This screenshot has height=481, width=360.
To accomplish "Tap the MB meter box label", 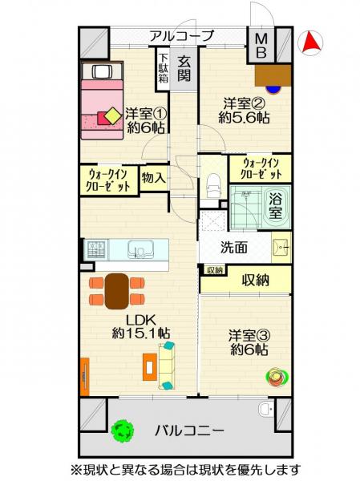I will pos(262,45).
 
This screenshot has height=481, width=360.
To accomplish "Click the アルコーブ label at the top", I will pos(181,36).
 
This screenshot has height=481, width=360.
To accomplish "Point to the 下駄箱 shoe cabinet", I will pos(163,68).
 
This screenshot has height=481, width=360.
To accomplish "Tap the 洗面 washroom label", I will pos(234,249).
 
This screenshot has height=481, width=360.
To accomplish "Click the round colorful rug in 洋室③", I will pos(277,375).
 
